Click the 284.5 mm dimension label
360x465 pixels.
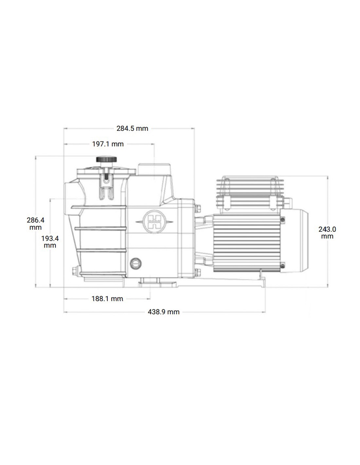pos(132,129)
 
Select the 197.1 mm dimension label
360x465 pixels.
pos(108,144)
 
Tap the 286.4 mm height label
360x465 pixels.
pos(36,223)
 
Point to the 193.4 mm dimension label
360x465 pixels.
pos(50,242)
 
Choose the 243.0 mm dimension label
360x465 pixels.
pos(327,232)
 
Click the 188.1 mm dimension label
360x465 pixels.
pos(107,299)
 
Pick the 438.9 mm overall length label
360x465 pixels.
pos(164,312)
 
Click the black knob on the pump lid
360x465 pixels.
pos(107,160)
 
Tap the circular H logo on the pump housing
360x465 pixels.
pos(154,221)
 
